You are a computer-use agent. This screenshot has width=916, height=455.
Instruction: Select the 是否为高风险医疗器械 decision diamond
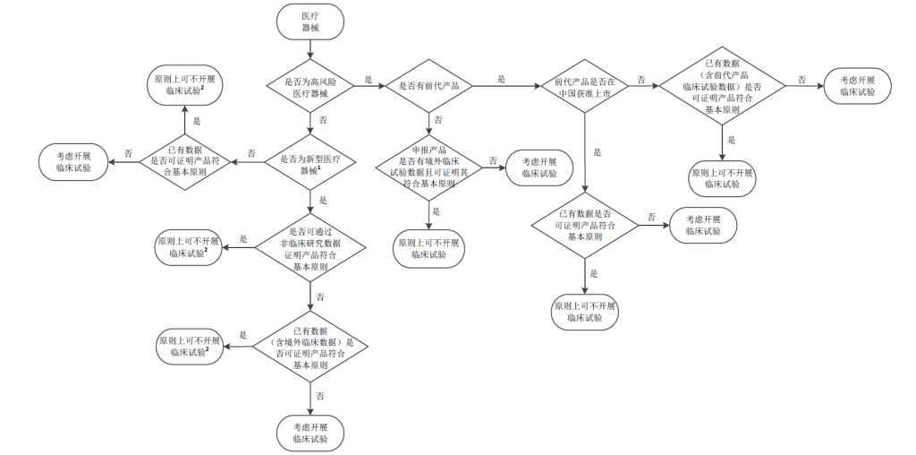310,87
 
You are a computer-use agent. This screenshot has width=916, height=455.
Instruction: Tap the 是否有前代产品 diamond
428,86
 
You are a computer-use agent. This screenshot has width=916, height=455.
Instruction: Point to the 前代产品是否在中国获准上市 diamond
583,87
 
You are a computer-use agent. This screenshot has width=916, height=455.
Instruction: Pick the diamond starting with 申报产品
428,164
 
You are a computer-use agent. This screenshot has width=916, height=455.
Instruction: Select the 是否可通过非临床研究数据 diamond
310,249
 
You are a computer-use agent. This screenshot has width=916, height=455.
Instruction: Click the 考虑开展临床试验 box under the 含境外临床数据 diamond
310,433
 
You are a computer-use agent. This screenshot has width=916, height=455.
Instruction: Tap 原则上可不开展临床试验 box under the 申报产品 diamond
428,249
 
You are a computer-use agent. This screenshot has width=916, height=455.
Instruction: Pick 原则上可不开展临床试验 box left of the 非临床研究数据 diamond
188,247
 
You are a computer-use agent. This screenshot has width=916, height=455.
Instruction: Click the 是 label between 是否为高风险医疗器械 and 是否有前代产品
369,80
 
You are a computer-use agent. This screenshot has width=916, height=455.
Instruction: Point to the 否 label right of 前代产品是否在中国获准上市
640,80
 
